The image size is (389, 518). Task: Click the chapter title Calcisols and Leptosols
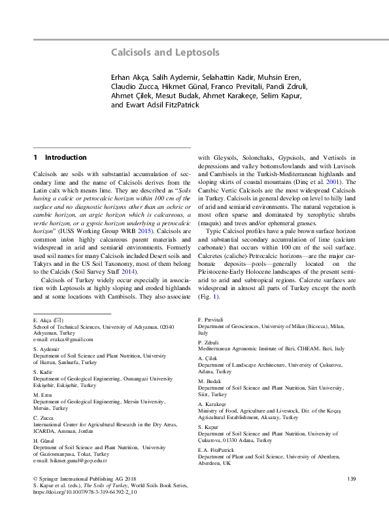point(164,52)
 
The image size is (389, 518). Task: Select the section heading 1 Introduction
point(59,158)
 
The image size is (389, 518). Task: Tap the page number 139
point(351,480)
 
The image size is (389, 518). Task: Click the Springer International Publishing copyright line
point(78,480)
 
